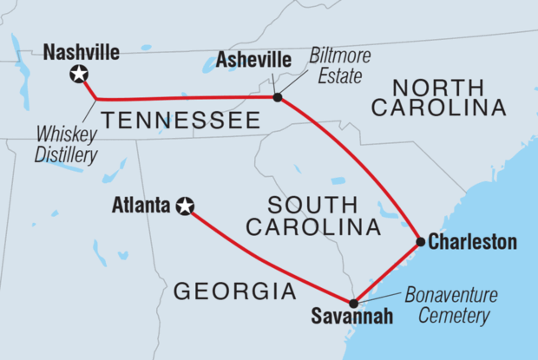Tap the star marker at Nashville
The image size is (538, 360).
pos(79,75)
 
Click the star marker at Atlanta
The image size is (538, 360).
pos(185,206)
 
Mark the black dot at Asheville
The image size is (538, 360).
pos(277,97)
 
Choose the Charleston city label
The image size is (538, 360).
pos(472,242)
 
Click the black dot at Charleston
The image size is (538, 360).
pos(420,241)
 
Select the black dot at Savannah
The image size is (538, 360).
pos(353,303)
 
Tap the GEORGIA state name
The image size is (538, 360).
pos(235,291)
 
